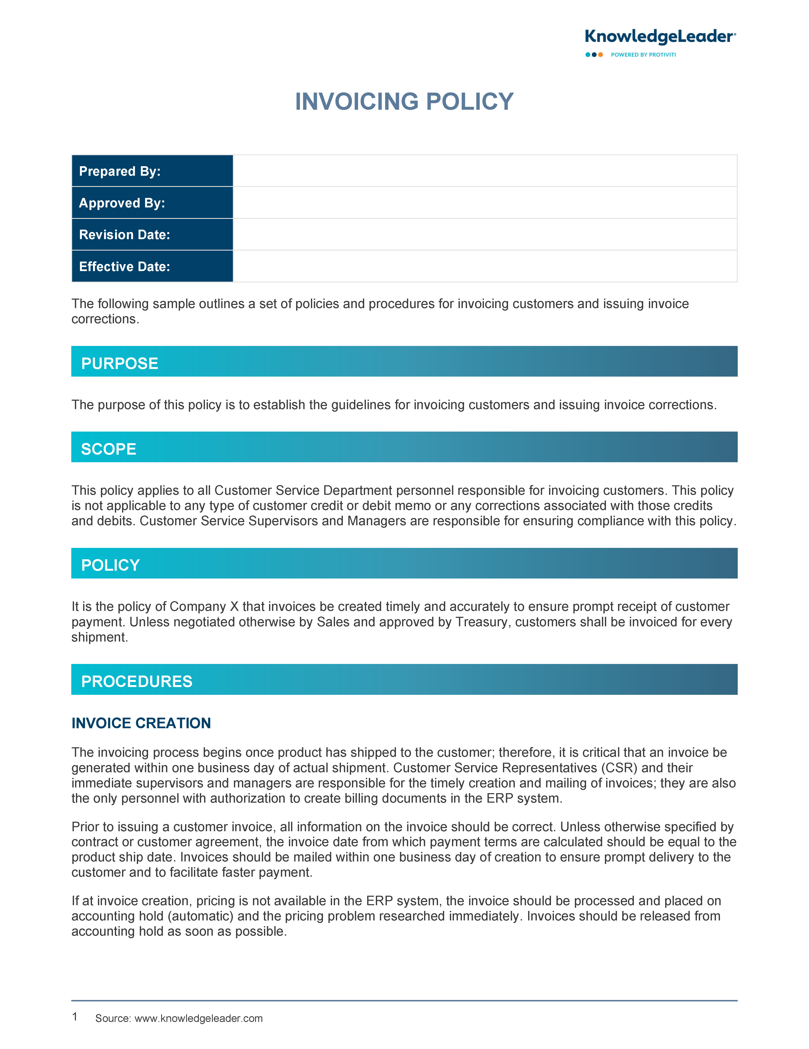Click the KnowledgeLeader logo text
660,37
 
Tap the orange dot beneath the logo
600,55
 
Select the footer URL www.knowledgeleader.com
198,1018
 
